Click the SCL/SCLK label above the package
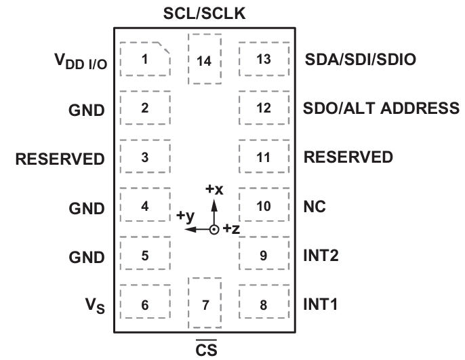click(204, 14)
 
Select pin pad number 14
click(205, 59)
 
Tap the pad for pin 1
click(145, 59)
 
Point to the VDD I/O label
click(81, 61)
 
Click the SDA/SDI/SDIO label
click(361, 59)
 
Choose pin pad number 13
click(264, 59)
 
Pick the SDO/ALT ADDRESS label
click(381, 108)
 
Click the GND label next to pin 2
click(87, 111)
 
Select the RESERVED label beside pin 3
click(60, 159)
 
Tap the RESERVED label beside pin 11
click(348, 157)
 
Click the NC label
click(315, 206)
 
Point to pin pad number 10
click(264, 205)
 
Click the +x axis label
click(214, 189)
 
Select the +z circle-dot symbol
click(214, 230)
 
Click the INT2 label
click(321, 256)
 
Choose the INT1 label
click(320, 304)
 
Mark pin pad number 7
click(205, 303)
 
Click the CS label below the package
click(206, 349)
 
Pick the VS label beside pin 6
click(95, 306)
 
